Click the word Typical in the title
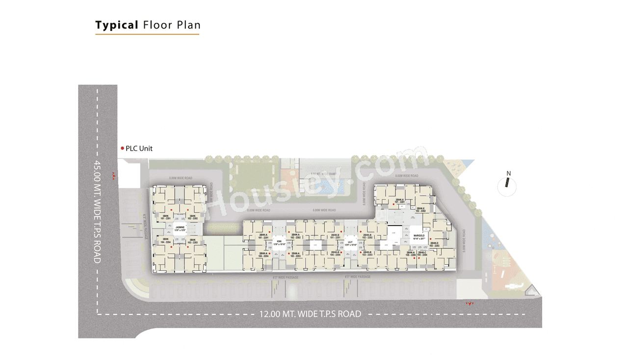pyautogui.click(x=117, y=25)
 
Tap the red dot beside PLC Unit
pyautogui.click(x=122, y=148)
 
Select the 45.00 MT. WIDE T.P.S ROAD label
pyautogui.click(x=97, y=211)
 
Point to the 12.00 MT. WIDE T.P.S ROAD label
pyautogui.click(x=310, y=314)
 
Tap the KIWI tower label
pyautogui.click(x=279, y=242)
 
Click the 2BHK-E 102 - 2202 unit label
pyautogui.click(x=420, y=209)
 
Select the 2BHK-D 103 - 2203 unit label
pyautogui.click(x=434, y=244)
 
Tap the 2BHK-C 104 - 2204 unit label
pyautogui.click(x=422, y=254)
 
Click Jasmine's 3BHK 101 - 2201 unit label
pyautogui.click(x=166, y=217)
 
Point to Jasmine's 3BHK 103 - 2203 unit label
pyautogui.click(x=193, y=241)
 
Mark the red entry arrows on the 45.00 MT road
pyautogui.click(x=114, y=176)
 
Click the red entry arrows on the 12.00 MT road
pyautogui.click(x=470, y=305)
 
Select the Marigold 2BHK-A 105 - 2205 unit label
pyautogui.click(x=410, y=254)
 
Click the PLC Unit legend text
pyautogui.click(x=139, y=148)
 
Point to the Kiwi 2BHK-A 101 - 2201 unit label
pyautogui.click(x=263, y=236)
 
